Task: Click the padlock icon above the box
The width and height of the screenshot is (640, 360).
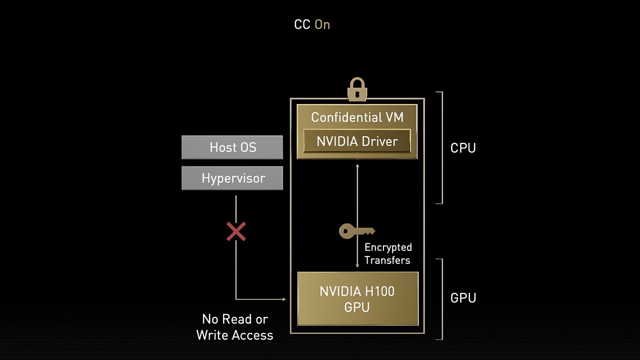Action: [x=356, y=90]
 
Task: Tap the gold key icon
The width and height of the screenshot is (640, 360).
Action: [x=357, y=231]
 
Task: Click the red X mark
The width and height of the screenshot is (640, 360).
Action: [x=236, y=231]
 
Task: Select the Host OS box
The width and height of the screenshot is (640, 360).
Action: [x=232, y=147]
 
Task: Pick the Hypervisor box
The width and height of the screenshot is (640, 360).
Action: [x=232, y=178]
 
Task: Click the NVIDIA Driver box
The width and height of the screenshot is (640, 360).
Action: [x=357, y=141]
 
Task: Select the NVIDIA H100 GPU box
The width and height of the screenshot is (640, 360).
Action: [x=357, y=299]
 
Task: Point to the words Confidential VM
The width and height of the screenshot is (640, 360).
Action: [x=357, y=117]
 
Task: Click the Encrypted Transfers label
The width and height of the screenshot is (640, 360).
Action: [x=388, y=254]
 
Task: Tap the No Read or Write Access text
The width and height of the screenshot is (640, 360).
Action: [x=235, y=327]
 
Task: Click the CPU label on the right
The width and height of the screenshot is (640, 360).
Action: [x=463, y=148]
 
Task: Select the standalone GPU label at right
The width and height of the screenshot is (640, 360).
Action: [x=463, y=298]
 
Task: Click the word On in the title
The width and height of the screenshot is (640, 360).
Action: [x=322, y=25]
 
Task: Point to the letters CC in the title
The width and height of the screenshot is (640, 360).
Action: [x=302, y=25]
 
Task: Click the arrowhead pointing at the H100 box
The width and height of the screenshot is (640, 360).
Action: [x=284, y=299]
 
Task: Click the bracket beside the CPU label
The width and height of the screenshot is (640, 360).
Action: [x=441, y=148]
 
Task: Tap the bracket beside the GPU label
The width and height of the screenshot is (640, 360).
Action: [x=441, y=299]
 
